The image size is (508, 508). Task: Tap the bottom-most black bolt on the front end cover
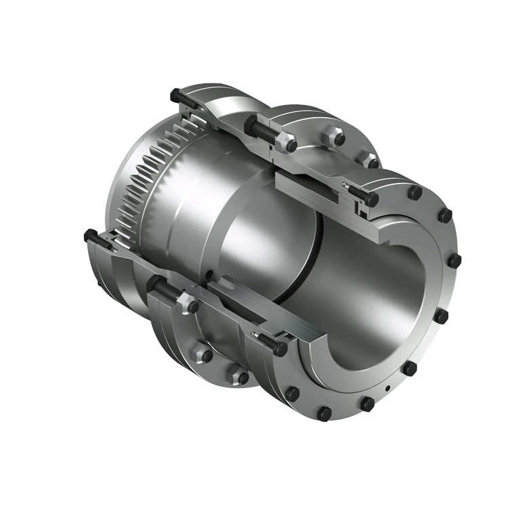(x=324, y=411)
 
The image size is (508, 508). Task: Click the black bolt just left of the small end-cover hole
(x=366, y=404)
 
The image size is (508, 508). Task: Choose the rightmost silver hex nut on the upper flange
(x=372, y=163)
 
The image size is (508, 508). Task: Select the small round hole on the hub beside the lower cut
(x=211, y=274)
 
